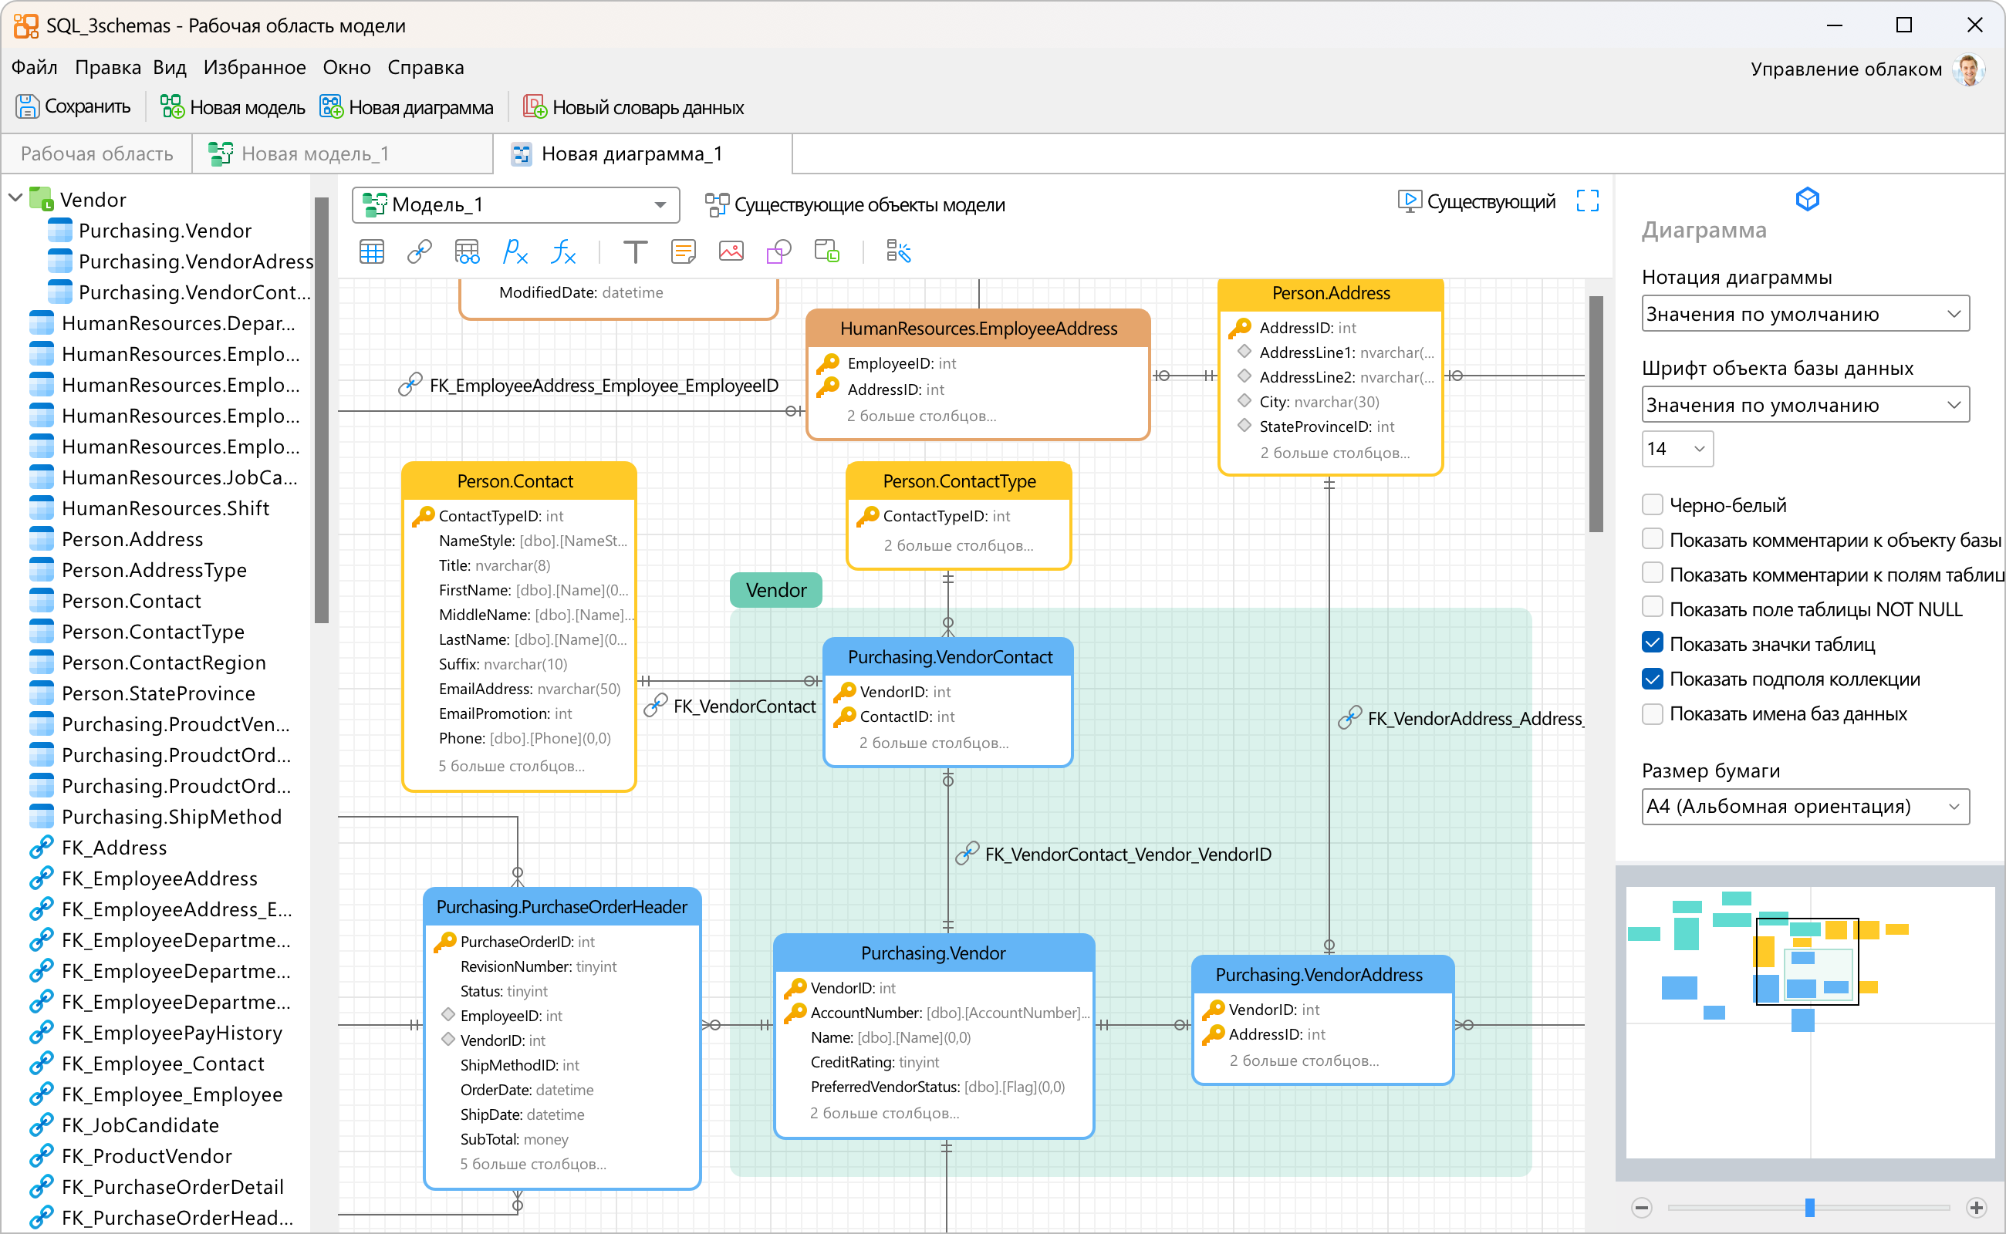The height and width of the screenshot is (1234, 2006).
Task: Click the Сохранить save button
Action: pos(73,107)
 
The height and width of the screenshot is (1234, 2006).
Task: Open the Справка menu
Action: pos(425,68)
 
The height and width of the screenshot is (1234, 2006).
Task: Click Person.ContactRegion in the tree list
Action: pos(164,663)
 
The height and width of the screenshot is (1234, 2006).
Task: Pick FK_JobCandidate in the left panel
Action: pos(140,1125)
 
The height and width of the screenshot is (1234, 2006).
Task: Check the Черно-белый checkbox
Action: pos(1652,505)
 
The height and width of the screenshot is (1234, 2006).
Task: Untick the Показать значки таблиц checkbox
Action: pos(1652,643)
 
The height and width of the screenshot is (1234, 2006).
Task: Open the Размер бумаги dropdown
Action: pos(1805,807)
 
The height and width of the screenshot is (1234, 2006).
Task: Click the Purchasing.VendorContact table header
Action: pos(949,657)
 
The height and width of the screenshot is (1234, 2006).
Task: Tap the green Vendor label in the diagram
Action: pos(775,590)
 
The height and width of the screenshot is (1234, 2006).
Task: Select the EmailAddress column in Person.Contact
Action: pos(529,689)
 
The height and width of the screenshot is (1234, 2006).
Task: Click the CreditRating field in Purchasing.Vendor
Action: pos(873,1062)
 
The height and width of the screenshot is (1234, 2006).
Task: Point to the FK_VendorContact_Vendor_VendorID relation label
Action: pos(1127,855)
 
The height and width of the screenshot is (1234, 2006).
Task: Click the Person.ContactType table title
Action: pos(958,481)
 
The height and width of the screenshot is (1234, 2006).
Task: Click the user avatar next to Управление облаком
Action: pos(1968,69)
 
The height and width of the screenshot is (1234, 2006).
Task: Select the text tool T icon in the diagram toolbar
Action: pos(634,252)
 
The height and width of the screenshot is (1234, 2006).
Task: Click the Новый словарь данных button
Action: pos(633,107)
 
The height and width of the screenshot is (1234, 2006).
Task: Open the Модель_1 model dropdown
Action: pos(515,205)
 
